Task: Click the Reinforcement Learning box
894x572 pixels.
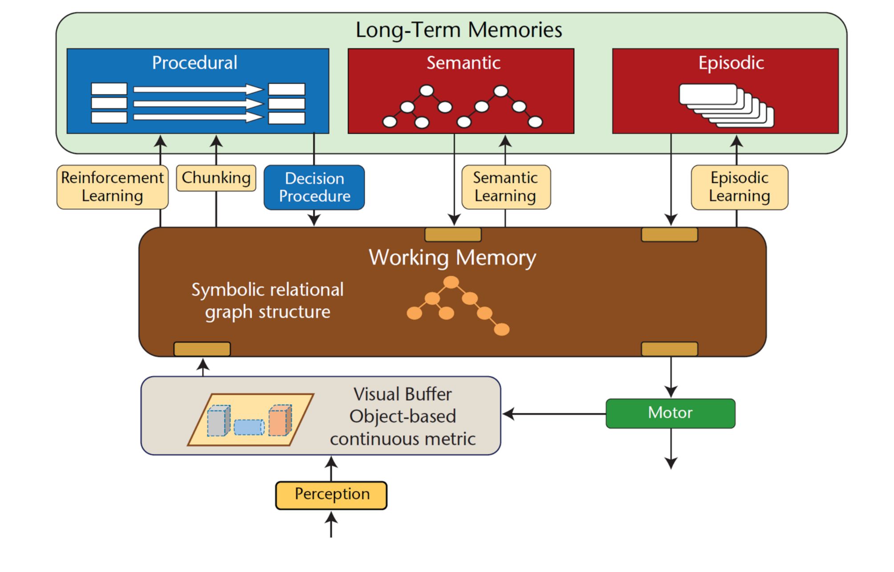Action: (x=112, y=187)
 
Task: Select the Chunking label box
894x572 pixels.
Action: (x=216, y=178)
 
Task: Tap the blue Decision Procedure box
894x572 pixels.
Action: (x=314, y=187)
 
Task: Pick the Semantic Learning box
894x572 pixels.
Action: (x=506, y=187)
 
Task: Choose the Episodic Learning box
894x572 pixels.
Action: (x=739, y=187)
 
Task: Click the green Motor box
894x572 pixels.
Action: (x=670, y=413)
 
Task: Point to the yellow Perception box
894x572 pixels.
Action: (x=331, y=494)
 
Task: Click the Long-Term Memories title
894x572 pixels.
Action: (x=459, y=30)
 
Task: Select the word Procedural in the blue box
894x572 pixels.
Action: (x=195, y=63)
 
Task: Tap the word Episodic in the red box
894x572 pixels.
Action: (x=731, y=63)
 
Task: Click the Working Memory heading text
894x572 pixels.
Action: (x=452, y=258)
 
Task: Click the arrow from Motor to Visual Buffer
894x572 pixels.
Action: (x=554, y=414)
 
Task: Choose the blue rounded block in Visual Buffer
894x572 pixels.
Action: (x=249, y=427)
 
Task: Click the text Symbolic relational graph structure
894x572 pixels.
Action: (x=267, y=301)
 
